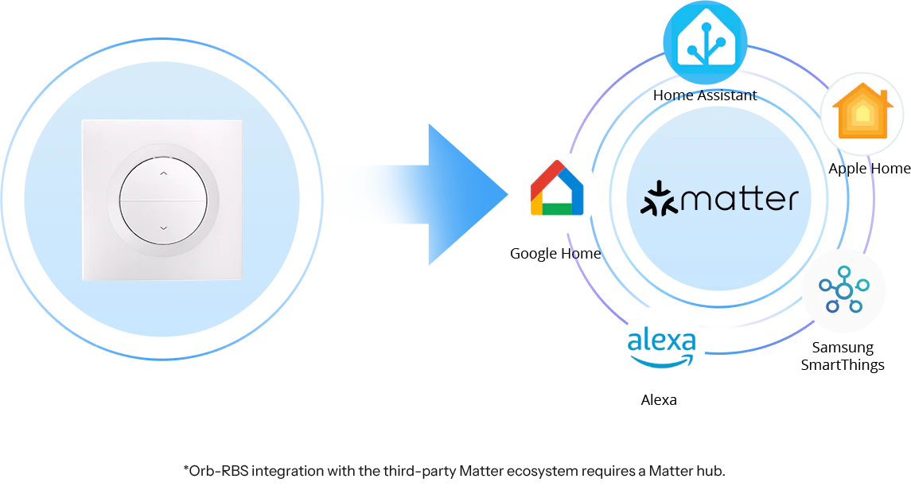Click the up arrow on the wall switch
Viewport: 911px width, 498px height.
pyautogui.click(x=163, y=173)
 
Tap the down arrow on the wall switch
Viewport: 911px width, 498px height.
pyautogui.click(x=163, y=228)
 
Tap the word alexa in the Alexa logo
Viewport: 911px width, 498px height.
pyautogui.click(x=661, y=343)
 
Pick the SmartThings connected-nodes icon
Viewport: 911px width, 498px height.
pyautogui.click(x=843, y=290)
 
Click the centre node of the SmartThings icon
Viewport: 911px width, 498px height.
pyautogui.click(x=843, y=291)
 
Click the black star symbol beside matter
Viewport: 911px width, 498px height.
pyautogui.click(x=658, y=199)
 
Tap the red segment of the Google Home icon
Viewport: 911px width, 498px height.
pyautogui.click(x=547, y=178)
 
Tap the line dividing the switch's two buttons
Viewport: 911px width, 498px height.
pyautogui.click(x=163, y=200)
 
